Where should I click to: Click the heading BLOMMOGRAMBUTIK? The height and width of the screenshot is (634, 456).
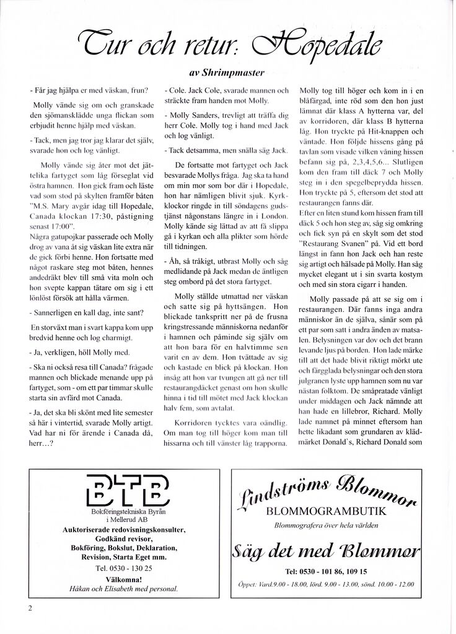coord(326,511)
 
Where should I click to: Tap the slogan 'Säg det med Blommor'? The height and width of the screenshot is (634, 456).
coord(326,549)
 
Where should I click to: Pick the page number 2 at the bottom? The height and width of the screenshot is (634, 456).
coord(29,607)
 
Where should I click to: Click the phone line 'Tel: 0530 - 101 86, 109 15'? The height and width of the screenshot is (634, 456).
coord(326,571)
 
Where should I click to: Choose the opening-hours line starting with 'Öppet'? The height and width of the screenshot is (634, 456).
coord(326,584)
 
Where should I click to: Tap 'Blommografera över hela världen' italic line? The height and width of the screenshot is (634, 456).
coord(326,525)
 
